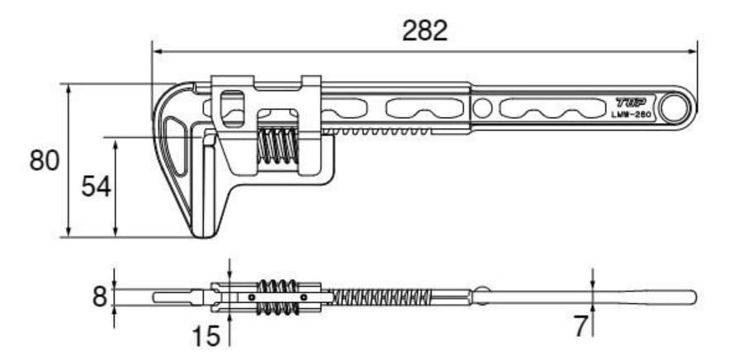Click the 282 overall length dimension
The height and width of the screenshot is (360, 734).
pyautogui.click(x=424, y=31)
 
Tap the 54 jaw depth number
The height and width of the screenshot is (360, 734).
pyautogui.click(x=96, y=187)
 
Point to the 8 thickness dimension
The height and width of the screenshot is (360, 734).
pyautogui.click(x=100, y=296)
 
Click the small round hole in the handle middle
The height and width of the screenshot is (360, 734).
pyautogui.click(x=483, y=107)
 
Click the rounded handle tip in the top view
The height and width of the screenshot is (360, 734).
pyautogui.click(x=692, y=296)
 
